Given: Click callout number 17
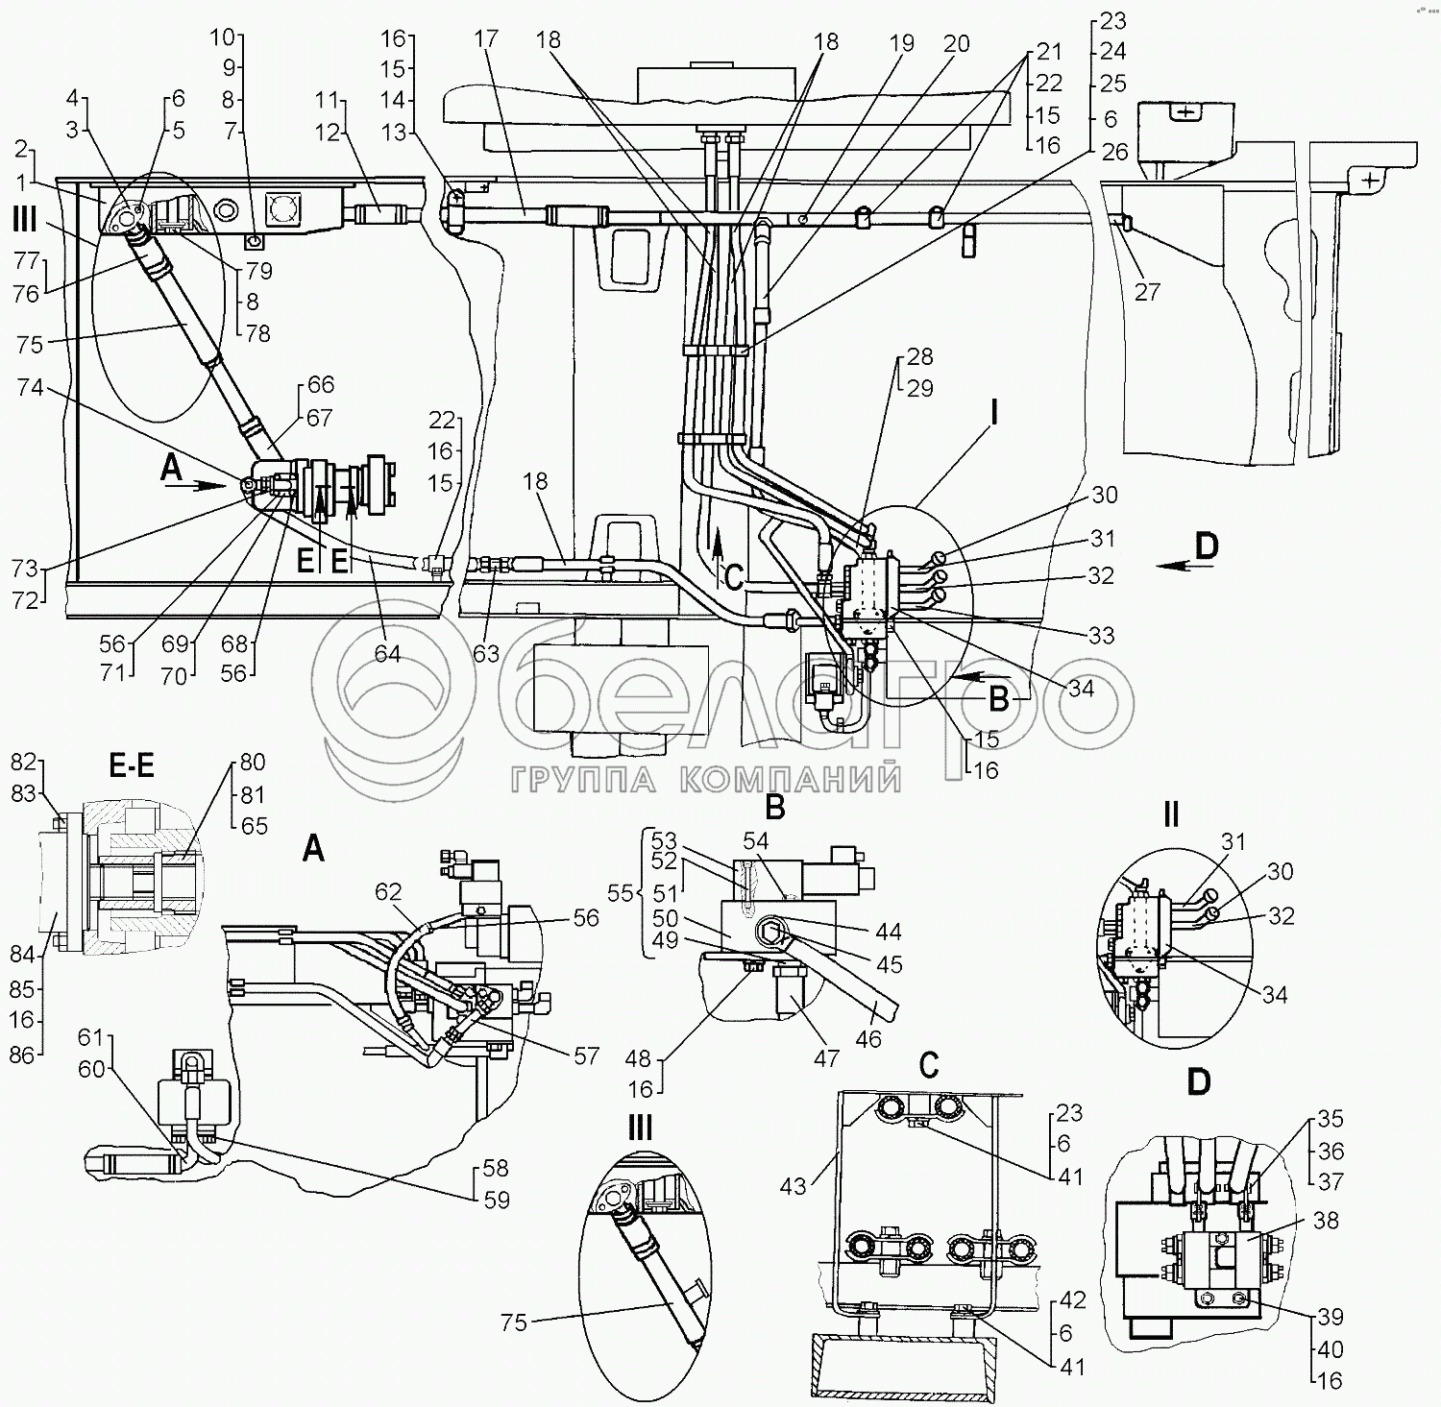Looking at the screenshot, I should pos(486,39).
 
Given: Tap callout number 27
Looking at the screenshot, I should pos(1147,291).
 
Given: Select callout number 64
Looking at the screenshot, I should pos(386,654).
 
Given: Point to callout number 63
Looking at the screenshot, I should pos(486,653).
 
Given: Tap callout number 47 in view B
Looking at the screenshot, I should pos(826,1058).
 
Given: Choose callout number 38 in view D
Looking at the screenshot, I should pos(1326,1221).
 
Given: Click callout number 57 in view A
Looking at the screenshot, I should pos(585,1055).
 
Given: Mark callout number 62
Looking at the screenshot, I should pos(388,892).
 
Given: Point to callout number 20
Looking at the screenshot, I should pos(956,43).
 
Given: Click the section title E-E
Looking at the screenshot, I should pos(132,764).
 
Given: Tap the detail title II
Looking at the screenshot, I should pos(1170,814).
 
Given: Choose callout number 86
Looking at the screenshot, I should pos(22,1055).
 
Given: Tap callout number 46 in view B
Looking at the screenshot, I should pos(867,1039).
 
